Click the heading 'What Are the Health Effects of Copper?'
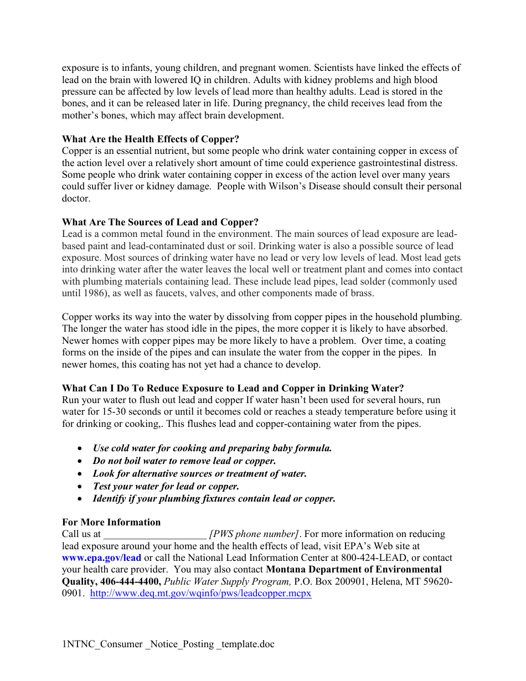[x=151, y=139]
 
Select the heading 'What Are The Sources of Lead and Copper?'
[x=160, y=222]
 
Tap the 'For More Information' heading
[x=111, y=522]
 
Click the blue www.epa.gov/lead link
[x=101, y=558]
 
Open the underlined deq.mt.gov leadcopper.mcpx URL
[x=200, y=593]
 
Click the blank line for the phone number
[x=154, y=534]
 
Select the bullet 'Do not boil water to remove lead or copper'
[x=184, y=461]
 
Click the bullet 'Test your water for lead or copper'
[x=166, y=486]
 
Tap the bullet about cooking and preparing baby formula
[x=212, y=448]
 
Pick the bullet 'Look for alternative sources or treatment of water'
[x=199, y=473]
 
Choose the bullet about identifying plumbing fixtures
[x=214, y=498]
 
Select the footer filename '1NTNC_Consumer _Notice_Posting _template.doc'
[x=168, y=644]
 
